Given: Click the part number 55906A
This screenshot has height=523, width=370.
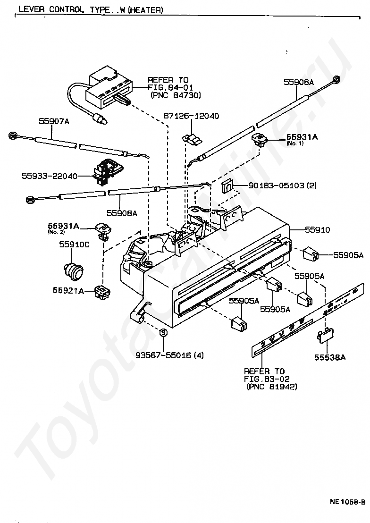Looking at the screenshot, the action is tap(299, 82).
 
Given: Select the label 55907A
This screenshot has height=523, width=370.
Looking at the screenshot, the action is tap(54, 121).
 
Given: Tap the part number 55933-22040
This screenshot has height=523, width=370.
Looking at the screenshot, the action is tap(50, 176).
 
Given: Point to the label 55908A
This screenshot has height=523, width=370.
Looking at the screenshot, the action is tap(122, 213).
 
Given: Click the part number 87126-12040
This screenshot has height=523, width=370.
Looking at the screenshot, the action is tap(191, 116).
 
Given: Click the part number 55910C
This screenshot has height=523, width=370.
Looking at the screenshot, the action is tap(75, 245).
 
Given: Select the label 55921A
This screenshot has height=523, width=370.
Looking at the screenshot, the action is tap(68, 290).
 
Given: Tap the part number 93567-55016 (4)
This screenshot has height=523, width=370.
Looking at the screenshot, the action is tap(169, 355).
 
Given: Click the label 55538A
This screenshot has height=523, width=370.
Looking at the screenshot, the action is tap(330, 358).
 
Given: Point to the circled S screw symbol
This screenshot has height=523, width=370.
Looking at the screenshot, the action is tap(163, 333).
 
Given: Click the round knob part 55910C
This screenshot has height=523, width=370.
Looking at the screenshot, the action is tap(74, 269).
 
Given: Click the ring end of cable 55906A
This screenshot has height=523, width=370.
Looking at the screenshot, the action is tap(336, 79).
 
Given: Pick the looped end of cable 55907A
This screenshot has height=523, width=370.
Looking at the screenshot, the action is tap(14, 135).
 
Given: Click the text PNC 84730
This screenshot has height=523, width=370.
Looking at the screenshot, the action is tap(175, 95).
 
